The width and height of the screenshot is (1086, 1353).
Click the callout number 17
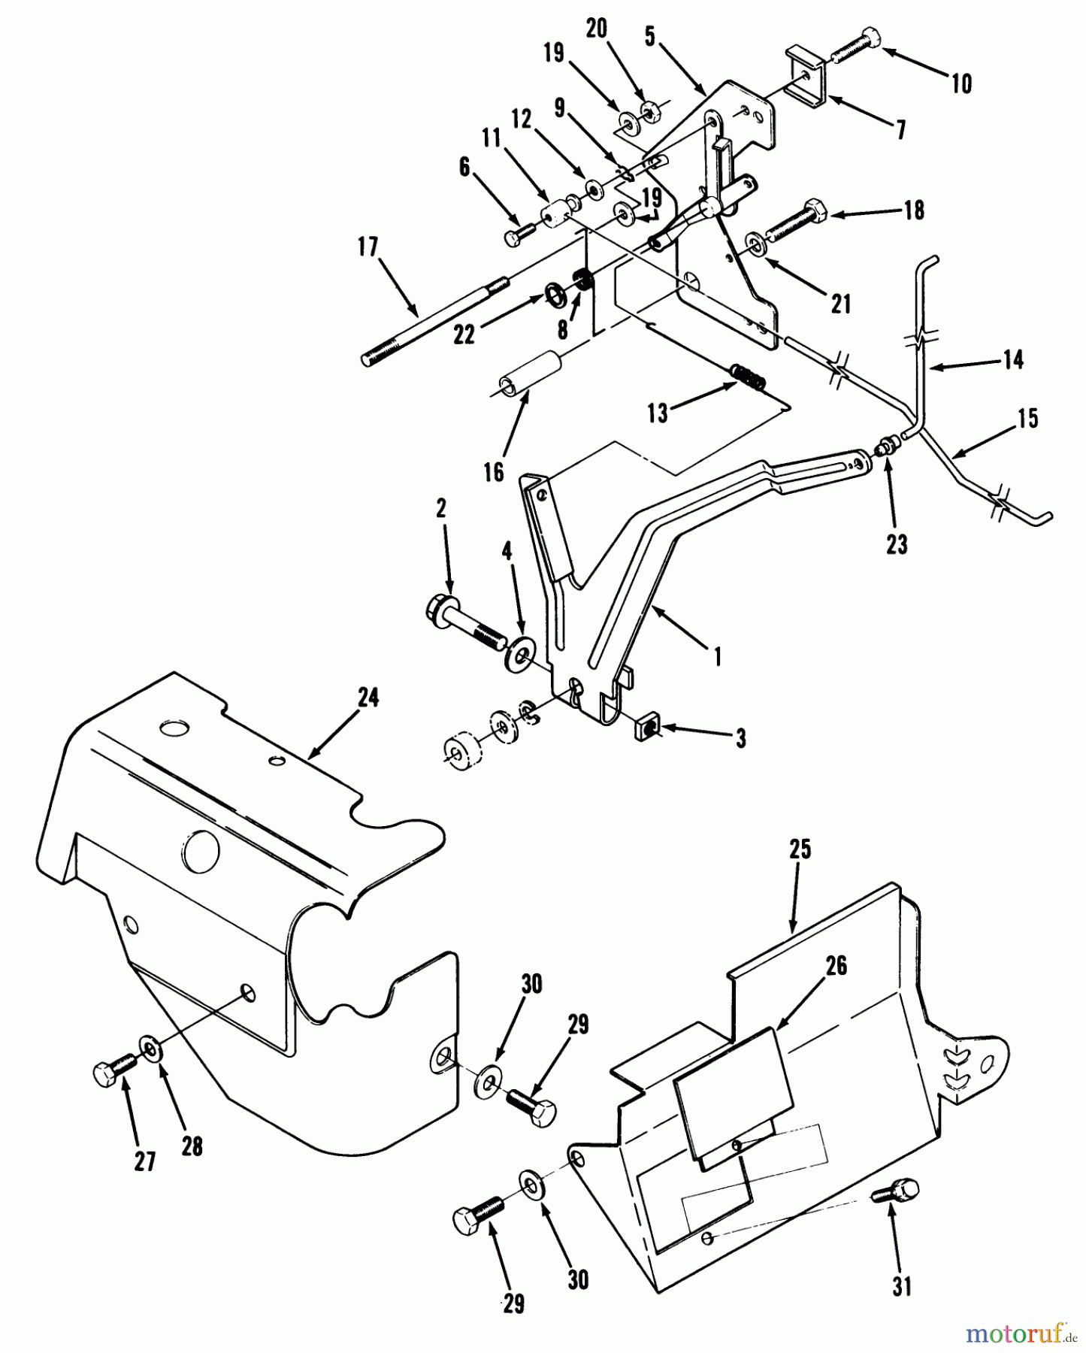(x=368, y=247)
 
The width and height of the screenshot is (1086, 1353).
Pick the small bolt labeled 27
(x=113, y=1070)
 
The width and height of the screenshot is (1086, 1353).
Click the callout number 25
(x=800, y=849)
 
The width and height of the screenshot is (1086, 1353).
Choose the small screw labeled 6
(x=519, y=235)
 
